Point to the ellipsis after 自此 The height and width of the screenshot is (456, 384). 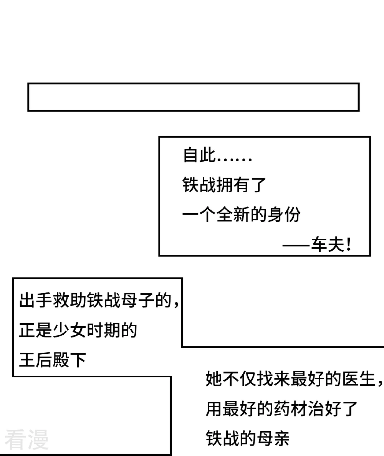tap(234, 158)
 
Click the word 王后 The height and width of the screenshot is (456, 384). tap(36, 360)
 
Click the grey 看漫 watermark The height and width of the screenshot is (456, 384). tap(27, 440)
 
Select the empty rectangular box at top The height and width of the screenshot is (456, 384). tap(193, 97)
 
